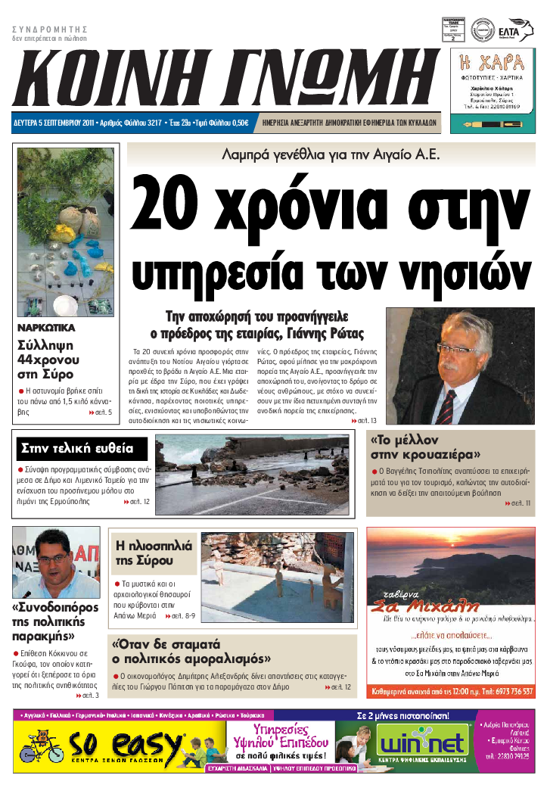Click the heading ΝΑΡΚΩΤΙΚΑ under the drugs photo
[x=46, y=328]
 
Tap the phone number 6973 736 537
[x=505, y=691]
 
